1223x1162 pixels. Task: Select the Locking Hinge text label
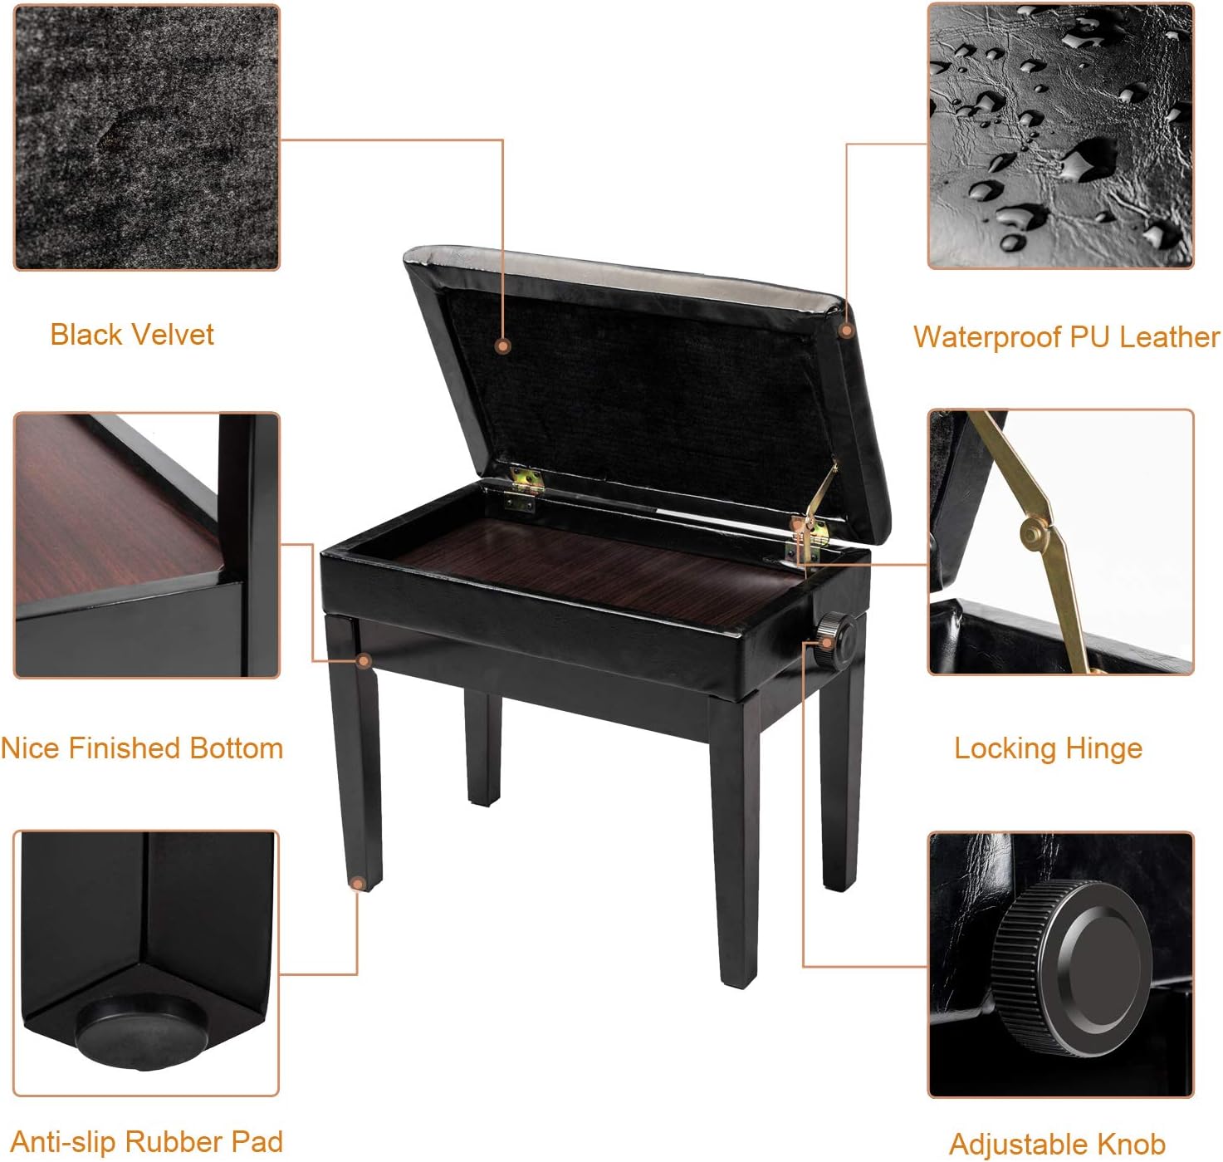pyautogui.click(x=1048, y=748)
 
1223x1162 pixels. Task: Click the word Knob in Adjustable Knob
pyautogui.click(x=1130, y=1144)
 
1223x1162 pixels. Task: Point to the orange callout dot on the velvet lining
pyautogui.click(x=502, y=346)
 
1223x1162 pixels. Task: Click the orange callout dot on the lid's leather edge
pyautogui.click(x=845, y=331)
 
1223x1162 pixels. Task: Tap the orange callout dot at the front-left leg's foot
pyautogui.click(x=357, y=883)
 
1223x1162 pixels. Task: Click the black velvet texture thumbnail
pyautogui.click(x=147, y=138)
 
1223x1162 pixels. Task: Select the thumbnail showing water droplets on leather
pyautogui.click(x=1060, y=136)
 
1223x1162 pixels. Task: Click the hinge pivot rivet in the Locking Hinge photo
pyautogui.click(x=1030, y=533)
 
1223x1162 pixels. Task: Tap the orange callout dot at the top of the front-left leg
pyautogui.click(x=364, y=660)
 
